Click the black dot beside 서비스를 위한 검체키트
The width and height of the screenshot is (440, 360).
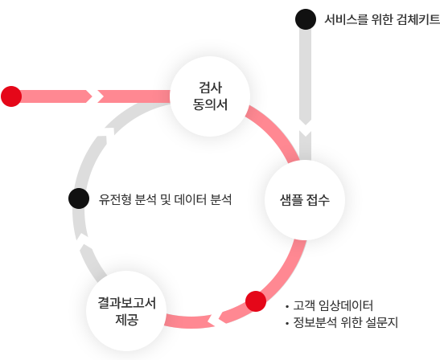point(306,19)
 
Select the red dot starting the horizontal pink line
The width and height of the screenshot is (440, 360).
point(11,96)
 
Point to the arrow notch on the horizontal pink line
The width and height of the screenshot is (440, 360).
point(95,96)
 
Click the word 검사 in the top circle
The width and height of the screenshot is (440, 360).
point(210,88)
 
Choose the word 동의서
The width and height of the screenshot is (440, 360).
point(210,104)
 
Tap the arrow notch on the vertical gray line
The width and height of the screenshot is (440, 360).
point(306,128)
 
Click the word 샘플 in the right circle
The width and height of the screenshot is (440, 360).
point(291,200)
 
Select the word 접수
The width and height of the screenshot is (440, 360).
point(318,200)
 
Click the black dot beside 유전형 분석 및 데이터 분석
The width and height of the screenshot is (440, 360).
point(79,198)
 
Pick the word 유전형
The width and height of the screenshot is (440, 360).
point(115,199)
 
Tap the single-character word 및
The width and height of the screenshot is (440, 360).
point(166,199)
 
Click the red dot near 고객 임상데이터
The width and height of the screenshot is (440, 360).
point(256,301)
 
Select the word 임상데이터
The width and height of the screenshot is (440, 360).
point(346,305)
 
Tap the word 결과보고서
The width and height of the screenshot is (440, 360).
point(126,303)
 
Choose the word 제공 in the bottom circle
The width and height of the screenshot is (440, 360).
point(126,320)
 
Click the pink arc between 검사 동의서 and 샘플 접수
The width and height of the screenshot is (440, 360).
point(277,131)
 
